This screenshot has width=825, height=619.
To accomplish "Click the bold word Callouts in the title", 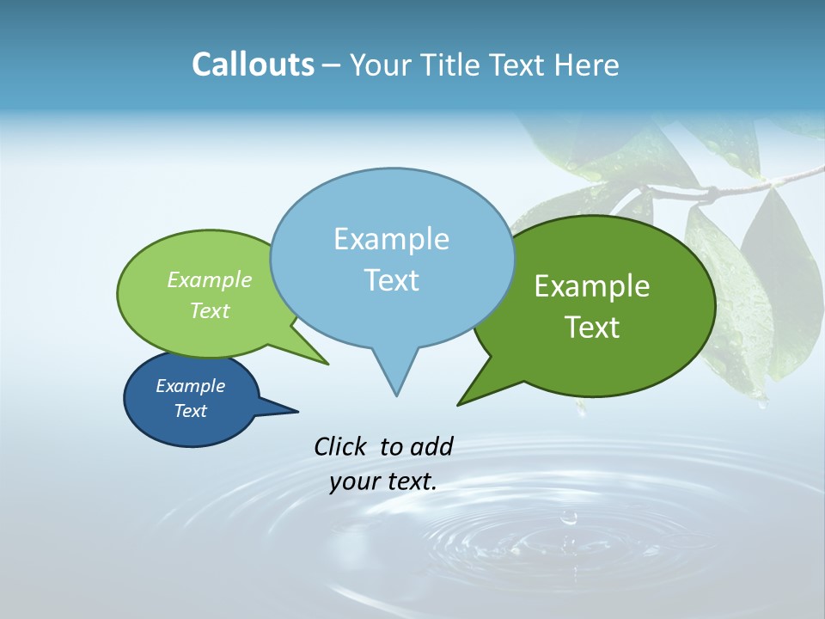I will click(x=253, y=64).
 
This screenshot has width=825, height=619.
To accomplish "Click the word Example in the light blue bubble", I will click(x=391, y=239).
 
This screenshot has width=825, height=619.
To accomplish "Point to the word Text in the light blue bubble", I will click(x=391, y=280).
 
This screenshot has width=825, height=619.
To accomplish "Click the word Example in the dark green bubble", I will click(x=592, y=286).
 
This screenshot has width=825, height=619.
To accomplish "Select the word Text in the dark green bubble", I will click(x=592, y=328).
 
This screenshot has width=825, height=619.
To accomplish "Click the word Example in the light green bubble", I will click(x=210, y=279).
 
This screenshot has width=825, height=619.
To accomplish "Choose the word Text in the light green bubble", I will click(x=210, y=310).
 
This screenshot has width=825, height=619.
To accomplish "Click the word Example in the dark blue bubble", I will click(x=191, y=386).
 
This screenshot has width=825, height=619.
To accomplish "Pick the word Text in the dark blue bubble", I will click(x=191, y=411).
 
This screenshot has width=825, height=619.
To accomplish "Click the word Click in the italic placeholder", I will click(x=342, y=446).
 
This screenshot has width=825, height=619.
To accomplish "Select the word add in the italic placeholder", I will click(x=431, y=446).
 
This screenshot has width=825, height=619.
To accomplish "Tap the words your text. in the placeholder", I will click(x=383, y=481).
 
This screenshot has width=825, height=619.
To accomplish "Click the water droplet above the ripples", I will click(x=568, y=518).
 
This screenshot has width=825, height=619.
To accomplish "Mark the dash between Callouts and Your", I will click(x=333, y=65).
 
